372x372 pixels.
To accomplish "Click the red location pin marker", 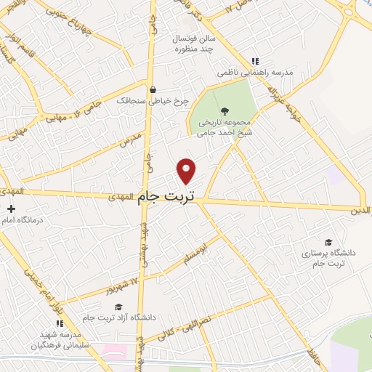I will click(187, 171).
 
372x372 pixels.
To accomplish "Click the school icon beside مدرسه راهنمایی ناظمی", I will click(254, 62).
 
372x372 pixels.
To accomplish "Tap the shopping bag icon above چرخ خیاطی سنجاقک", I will click(153, 91).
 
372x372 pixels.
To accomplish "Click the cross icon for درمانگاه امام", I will click(11, 209).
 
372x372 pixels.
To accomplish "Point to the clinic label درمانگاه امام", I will click(21, 219).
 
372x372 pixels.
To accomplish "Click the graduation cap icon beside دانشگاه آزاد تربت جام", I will click(119, 307).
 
